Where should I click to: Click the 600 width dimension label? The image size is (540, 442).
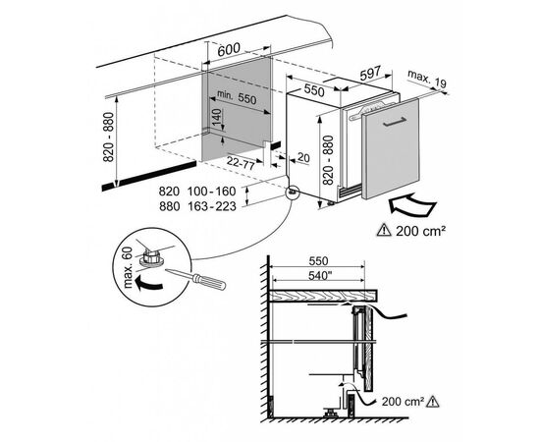(229, 49)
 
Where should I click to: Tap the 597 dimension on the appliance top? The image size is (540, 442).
(370, 73)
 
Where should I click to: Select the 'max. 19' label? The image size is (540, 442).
(427, 79)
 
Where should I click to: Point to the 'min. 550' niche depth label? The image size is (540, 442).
(237, 97)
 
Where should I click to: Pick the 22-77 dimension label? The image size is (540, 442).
(241, 162)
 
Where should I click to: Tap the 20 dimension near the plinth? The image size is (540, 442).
(303, 157)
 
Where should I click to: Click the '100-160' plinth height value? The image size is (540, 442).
(212, 192)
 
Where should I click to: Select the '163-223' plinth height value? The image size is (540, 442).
(212, 206)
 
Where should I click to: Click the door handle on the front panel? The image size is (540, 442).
(395, 122)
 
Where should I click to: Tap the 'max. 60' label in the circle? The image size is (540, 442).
(127, 268)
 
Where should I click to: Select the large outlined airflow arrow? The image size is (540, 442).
(411, 205)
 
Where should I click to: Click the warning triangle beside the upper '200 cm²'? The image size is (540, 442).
(384, 230)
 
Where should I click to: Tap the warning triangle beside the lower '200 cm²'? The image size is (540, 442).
(433, 401)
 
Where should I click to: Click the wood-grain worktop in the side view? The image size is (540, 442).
(323, 296)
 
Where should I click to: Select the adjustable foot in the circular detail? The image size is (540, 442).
(151, 258)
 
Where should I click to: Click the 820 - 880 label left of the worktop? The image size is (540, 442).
(108, 137)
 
